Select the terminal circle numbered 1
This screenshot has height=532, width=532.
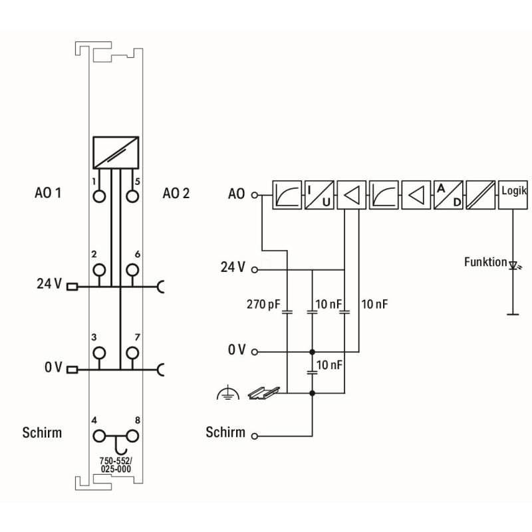point(100,196)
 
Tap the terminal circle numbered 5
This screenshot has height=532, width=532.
point(132,196)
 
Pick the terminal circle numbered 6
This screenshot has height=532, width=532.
point(132,269)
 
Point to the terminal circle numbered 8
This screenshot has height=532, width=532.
point(132,436)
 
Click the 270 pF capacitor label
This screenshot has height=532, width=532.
point(263,305)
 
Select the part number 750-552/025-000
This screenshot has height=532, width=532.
point(116,465)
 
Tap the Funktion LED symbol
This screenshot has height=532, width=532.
point(513,265)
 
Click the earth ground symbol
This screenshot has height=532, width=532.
point(227,395)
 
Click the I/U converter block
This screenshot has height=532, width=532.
point(319,194)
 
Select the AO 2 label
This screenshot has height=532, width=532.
point(176,194)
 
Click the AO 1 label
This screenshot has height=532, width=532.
point(48,194)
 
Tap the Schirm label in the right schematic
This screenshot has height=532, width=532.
point(225,433)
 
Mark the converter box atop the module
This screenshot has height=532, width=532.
point(116,152)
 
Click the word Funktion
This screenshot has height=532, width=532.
point(485,262)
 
